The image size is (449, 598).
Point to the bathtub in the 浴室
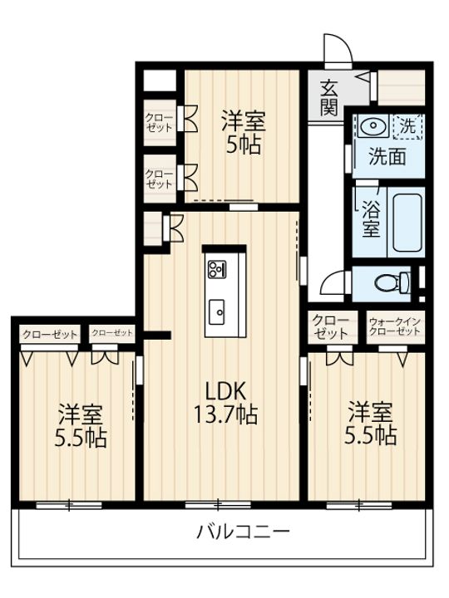coord(407,219)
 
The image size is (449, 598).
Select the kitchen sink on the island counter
coord(220,311)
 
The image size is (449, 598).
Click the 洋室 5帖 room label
coord(242,133)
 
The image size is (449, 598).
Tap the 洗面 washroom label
coord(387,155)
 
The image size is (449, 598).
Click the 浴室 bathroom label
coord(372,218)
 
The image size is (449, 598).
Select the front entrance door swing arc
coord(333,48)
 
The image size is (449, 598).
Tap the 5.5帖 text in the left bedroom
coord(81,438)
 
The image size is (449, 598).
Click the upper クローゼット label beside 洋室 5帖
coord(159,123)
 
